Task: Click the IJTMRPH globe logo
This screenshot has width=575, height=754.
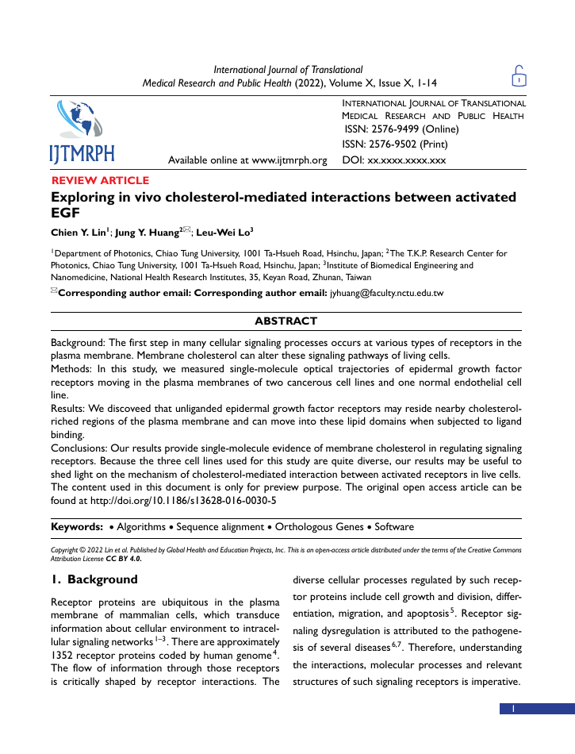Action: pos(82,132)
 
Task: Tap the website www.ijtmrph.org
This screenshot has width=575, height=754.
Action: pos(289,160)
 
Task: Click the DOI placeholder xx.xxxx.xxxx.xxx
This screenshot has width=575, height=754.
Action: pos(407,160)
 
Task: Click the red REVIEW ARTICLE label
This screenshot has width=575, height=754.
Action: pos(100,181)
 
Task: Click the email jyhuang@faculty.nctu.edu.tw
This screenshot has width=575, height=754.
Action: pos(386,293)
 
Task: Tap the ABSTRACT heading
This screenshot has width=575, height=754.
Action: pos(286,321)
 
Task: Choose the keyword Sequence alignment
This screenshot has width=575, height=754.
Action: pos(221,527)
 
